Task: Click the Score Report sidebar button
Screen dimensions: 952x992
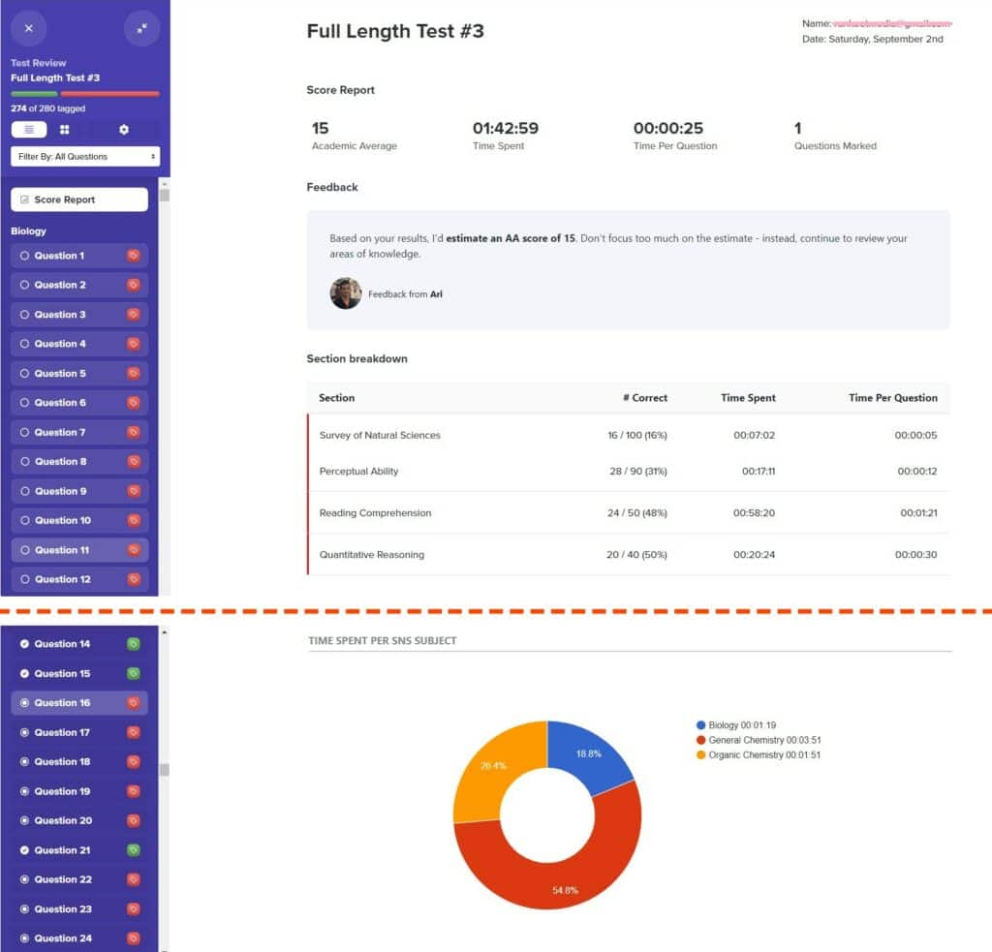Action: coord(78,200)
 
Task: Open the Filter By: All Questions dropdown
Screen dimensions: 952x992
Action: coord(85,156)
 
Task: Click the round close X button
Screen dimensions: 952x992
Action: coord(28,28)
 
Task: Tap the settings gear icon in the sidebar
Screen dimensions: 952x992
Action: coord(123,129)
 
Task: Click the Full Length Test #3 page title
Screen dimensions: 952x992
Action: coord(395,31)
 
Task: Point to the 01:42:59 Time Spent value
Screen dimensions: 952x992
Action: coord(505,128)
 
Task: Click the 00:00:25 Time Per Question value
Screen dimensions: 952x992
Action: coord(667,128)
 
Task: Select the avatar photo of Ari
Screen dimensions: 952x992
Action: coord(346,293)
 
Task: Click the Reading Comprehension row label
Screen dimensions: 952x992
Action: coord(375,513)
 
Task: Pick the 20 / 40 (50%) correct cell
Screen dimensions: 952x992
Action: coord(636,555)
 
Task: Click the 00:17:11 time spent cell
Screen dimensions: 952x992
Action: coord(759,472)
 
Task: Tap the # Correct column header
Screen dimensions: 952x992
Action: coord(644,398)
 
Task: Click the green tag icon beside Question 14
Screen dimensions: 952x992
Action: coord(134,644)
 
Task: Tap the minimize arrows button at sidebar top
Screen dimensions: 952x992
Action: coord(141,28)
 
